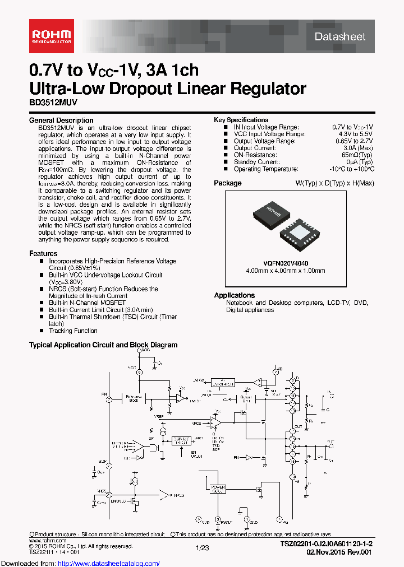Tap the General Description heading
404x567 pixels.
(61, 120)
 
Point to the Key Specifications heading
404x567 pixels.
(241, 120)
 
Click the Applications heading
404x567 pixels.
(234, 295)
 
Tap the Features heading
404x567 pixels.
(43, 254)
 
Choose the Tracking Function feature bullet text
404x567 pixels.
(73, 331)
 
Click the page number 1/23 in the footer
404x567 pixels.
(202, 547)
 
